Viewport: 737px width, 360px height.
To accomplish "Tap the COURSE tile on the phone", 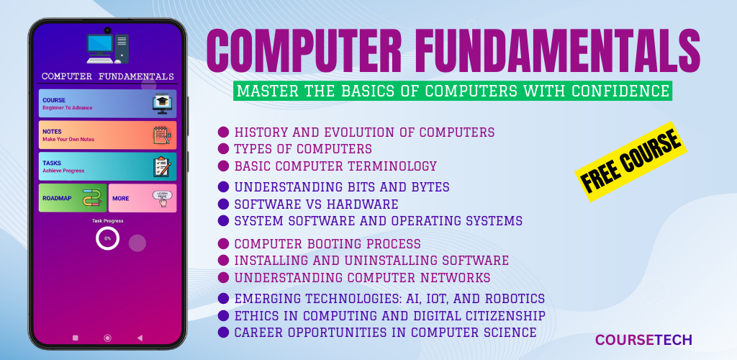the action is pyautogui.click(x=108, y=104).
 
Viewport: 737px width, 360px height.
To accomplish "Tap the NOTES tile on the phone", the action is pyautogui.click(x=108, y=135).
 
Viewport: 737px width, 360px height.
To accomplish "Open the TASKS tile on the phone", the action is pyautogui.click(x=108, y=166).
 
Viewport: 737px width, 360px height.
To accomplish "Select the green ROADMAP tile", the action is pyautogui.click(x=73, y=198).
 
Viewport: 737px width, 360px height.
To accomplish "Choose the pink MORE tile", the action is pyautogui.click(x=143, y=198).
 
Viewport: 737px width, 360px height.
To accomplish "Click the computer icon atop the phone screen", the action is pyautogui.click(x=108, y=48).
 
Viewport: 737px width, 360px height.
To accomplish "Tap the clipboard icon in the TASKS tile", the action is pyautogui.click(x=162, y=167).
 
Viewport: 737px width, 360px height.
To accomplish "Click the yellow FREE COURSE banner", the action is pyautogui.click(x=630, y=162).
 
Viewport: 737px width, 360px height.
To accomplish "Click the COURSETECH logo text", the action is pyautogui.click(x=643, y=340).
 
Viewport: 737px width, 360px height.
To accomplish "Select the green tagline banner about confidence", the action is pyautogui.click(x=453, y=91).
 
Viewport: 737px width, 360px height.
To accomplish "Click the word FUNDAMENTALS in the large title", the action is pyautogui.click(x=544, y=50).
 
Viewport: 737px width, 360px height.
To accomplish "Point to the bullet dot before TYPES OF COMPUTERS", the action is pyautogui.click(x=224, y=149).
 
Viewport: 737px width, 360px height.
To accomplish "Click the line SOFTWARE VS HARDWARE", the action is pyautogui.click(x=317, y=204).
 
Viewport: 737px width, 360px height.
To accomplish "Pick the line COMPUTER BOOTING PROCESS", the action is pyautogui.click(x=327, y=244).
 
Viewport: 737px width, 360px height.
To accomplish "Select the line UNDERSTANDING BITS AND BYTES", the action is pyautogui.click(x=342, y=187).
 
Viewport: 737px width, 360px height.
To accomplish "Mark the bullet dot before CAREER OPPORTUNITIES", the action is pyautogui.click(x=224, y=332).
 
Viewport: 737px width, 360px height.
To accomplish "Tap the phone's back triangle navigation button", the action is pyautogui.click(x=139, y=338).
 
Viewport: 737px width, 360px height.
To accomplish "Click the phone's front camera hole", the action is pyautogui.click(x=108, y=30).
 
